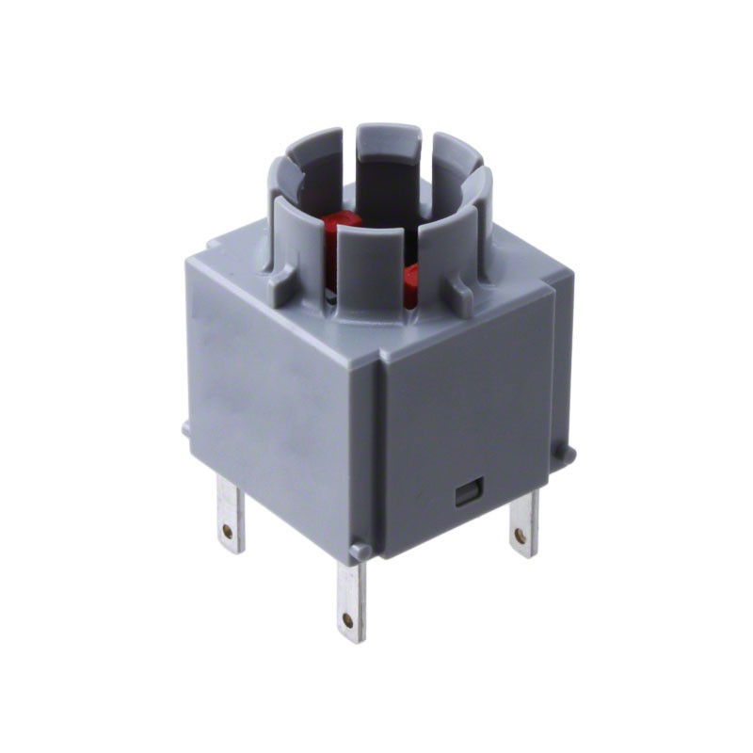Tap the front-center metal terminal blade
click(x=350, y=599)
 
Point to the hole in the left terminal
click(x=228, y=532)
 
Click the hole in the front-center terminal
click(x=348, y=620)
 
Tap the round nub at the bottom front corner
click(x=360, y=551)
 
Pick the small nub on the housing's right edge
click(x=565, y=453)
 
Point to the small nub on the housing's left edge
click(x=185, y=428)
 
